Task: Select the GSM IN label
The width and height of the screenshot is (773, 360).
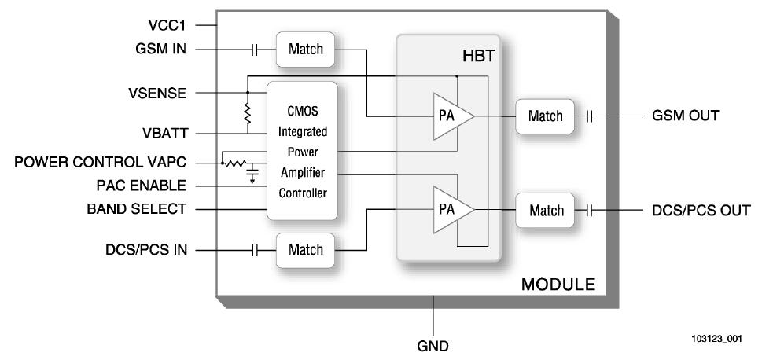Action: pos(161,50)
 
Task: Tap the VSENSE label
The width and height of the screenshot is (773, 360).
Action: pos(158,93)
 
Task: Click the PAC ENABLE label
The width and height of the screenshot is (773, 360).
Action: pos(142,186)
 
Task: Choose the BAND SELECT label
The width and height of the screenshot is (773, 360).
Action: pos(137,209)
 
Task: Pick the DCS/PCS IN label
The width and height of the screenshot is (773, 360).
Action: pos(146,250)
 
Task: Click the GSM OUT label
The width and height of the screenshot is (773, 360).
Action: pos(685,116)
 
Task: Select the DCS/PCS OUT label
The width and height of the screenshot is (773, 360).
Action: pos(701,211)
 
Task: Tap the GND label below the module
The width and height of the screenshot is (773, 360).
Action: pos(433,346)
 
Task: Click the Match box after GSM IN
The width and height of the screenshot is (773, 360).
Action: pos(306,50)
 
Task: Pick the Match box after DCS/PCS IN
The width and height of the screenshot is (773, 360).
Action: pos(306,250)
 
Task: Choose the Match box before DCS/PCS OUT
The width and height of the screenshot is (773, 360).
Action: pos(545,211)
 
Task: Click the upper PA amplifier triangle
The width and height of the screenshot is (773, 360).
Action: pos(451,116)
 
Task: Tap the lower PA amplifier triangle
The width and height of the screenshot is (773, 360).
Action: pos(451,210)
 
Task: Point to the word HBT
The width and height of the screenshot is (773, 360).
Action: pos(478,56)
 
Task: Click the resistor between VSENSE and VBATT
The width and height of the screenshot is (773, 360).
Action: pos(248,113)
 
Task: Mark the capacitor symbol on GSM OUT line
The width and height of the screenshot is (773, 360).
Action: pos(590,116)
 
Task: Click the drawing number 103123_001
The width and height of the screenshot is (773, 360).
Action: pos(716,339)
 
